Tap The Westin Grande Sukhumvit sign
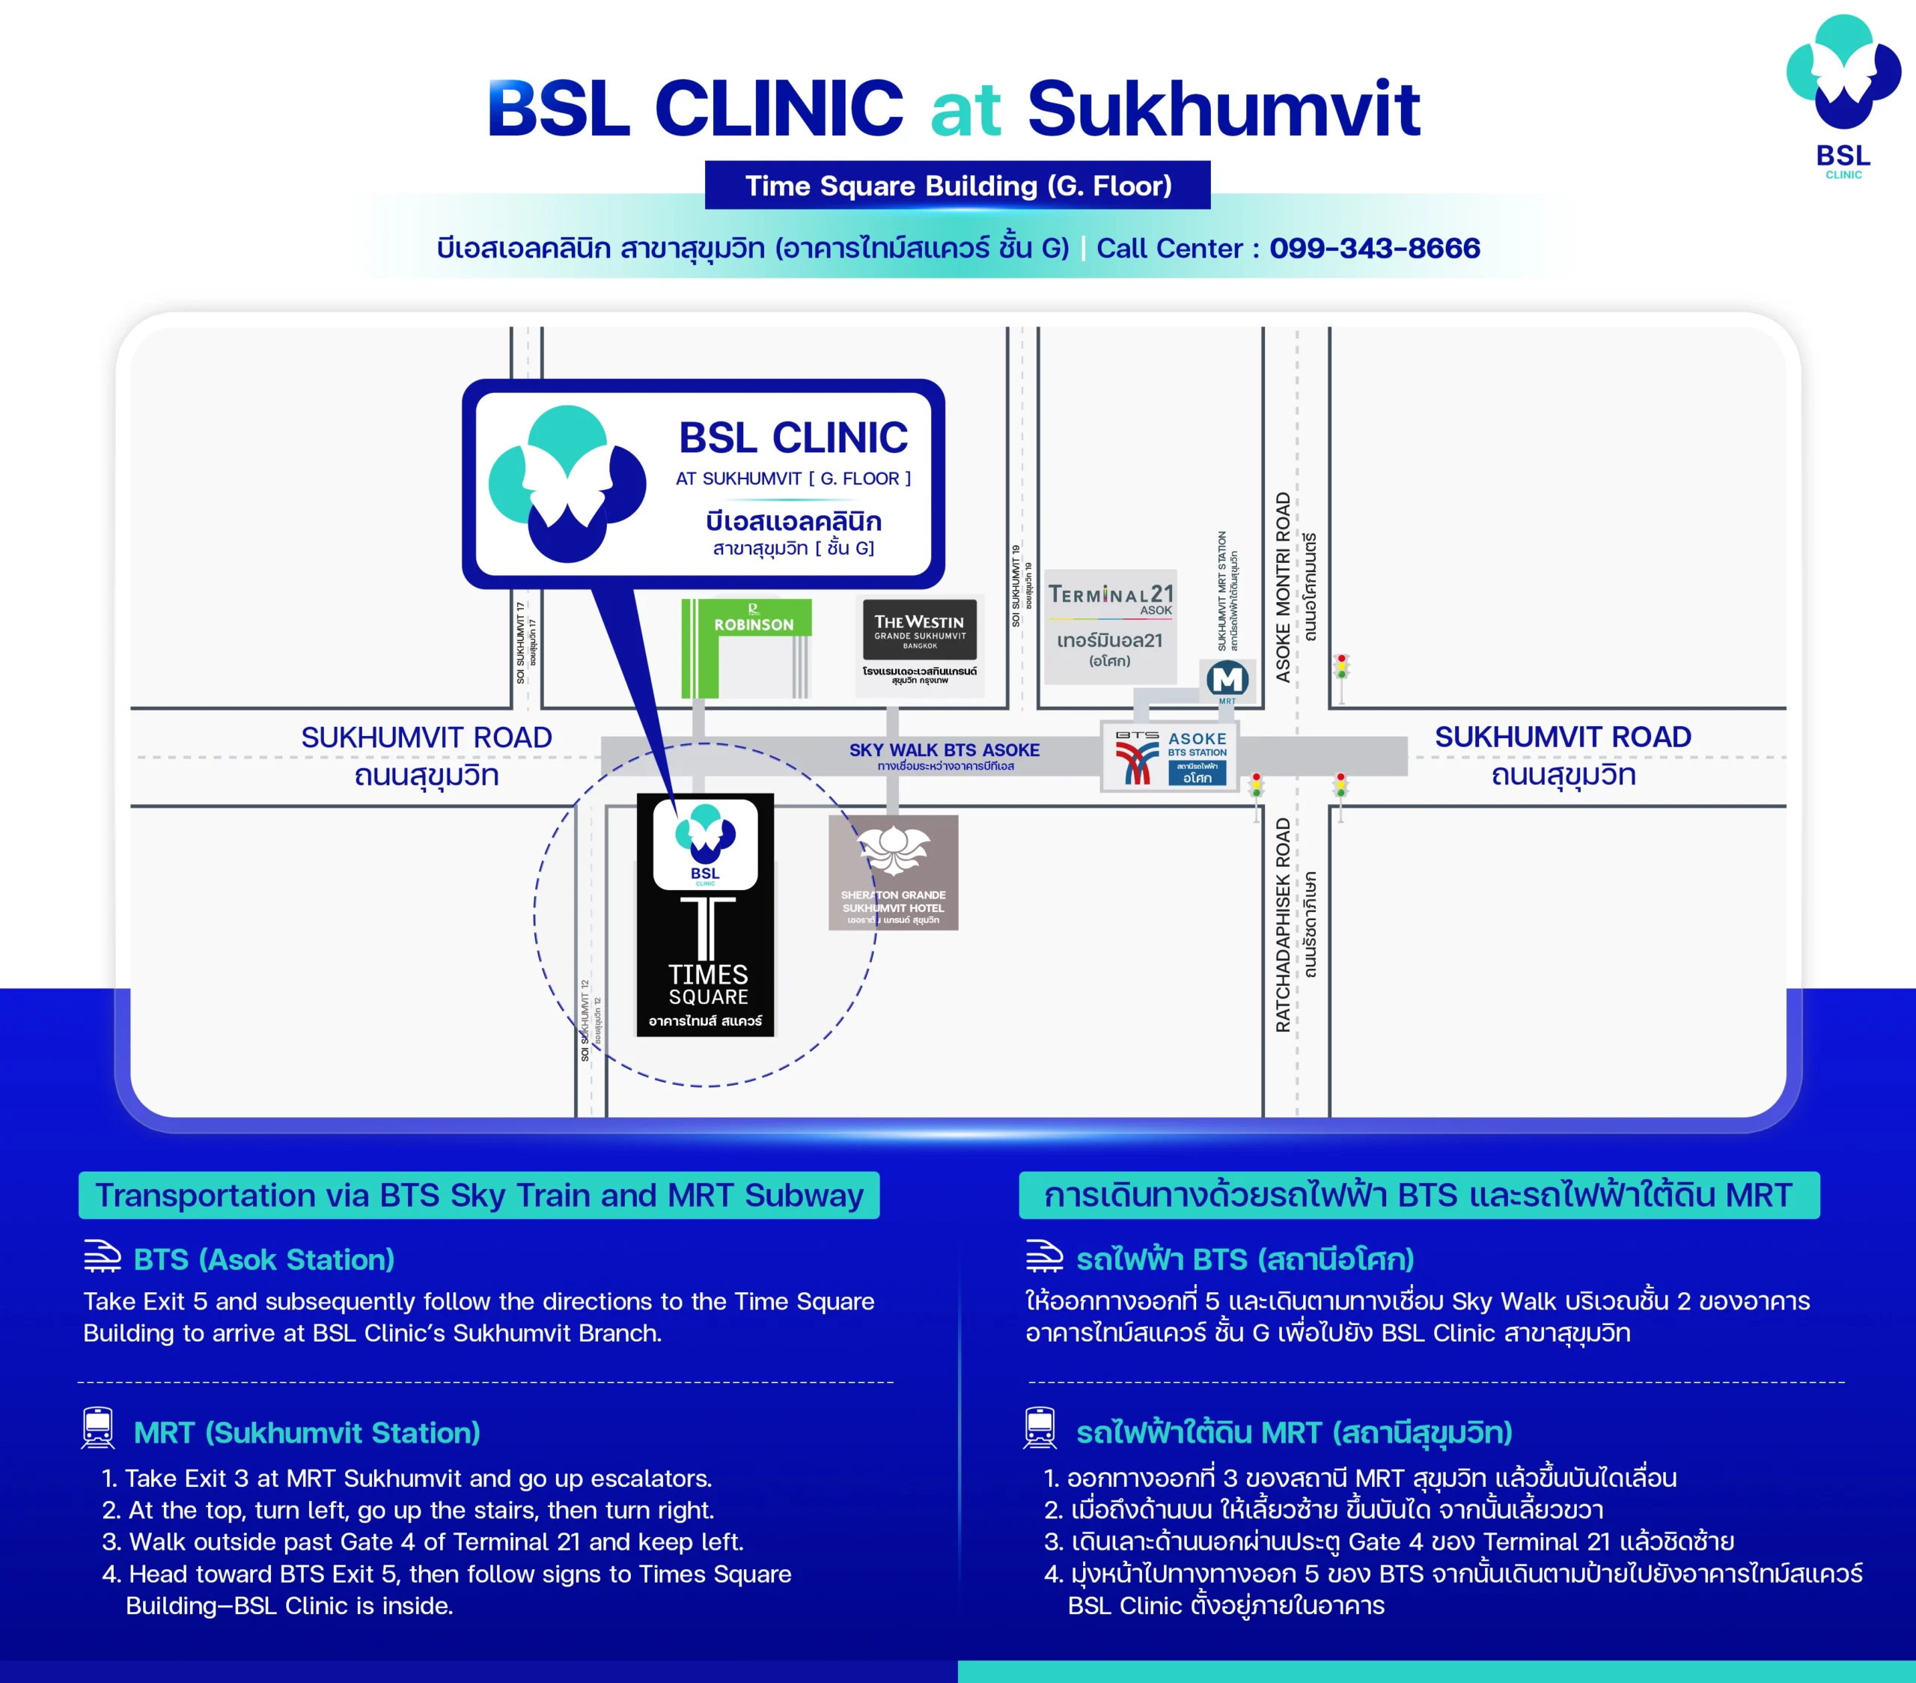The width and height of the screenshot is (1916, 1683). [920, 631]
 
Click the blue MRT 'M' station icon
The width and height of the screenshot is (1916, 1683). [1227, 679]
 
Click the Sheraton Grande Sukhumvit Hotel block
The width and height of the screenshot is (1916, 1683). [894, 872]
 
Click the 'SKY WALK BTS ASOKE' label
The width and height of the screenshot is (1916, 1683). [944, 750]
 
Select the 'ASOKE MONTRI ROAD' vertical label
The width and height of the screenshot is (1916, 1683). [1282, 586]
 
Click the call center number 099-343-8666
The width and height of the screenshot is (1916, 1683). [1374, 249]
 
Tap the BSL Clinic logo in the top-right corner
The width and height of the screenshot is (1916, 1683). [1843, 94]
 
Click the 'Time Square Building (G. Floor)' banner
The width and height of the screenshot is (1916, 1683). [957, 186]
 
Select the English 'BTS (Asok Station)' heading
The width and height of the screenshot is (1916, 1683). [263, 1259]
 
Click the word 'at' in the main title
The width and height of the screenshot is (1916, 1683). [965, 111]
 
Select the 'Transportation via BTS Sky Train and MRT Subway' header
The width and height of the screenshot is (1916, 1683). [479, 1196]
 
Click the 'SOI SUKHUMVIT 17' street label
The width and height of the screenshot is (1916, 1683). [520, 642]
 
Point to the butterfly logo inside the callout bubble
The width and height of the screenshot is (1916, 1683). [567, 483]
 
